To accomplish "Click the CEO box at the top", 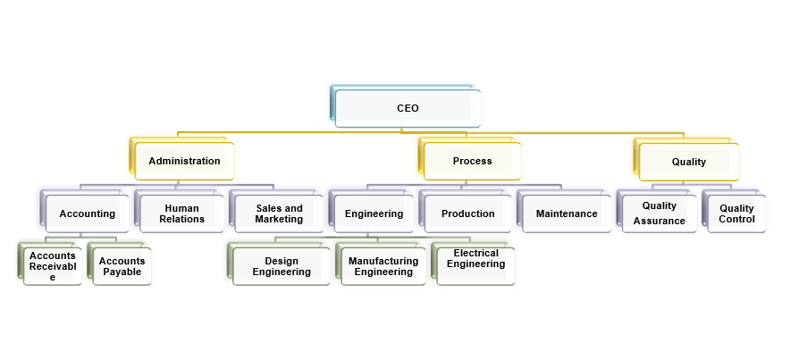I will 408,108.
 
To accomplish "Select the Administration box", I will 184,162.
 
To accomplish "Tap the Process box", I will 472,162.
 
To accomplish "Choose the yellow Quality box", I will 688,162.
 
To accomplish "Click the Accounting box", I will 88,213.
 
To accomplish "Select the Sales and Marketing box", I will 279,213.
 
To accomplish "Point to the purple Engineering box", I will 374,213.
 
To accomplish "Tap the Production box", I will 467,213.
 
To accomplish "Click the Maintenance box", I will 567,213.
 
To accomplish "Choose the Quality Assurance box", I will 660,213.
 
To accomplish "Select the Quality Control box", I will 736,213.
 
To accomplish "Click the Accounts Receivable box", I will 52,266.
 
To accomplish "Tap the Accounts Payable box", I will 122,266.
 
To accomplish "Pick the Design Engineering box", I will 281,266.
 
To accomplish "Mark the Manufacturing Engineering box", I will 383,266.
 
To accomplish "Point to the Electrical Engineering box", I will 475,259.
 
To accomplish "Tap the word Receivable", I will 52,266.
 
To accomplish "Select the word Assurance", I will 660,221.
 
